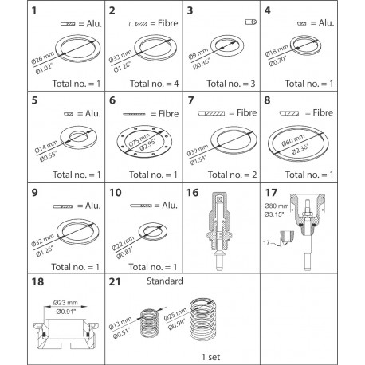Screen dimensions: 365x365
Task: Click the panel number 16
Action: click(x=193, y=193)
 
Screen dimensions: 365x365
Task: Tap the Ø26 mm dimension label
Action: click(x=43, y=58)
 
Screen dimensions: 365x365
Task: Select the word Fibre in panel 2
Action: click(x=168, y=23)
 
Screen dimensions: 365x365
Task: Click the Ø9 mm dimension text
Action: click(x=198, y=54)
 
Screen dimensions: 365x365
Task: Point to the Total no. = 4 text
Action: click(x=154, y=84)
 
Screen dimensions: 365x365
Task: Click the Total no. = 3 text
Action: click(x=231, y=84)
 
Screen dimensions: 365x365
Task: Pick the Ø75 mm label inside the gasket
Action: click(x=139, y=140)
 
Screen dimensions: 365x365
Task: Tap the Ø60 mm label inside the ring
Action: click(x=293, y=139)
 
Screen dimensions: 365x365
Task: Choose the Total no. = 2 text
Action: click(x=232, y=175)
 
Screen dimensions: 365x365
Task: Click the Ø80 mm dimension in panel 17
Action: click(x=277, y=206)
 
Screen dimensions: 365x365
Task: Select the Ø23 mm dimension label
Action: click(x=65, y=303)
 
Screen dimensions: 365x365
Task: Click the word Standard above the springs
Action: click(x=165, y=281)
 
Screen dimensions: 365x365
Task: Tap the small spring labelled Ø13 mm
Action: click(x=149, y=323)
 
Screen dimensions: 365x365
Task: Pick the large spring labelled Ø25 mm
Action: click(x=202, y=320)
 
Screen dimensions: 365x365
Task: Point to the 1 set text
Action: click(x=211, y=357)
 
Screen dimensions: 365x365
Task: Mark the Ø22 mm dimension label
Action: click(x=123, y=244)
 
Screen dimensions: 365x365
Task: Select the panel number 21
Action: click(x=115, y=281)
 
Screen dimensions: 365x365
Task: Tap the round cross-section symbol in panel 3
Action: click(x=251, y=22)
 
